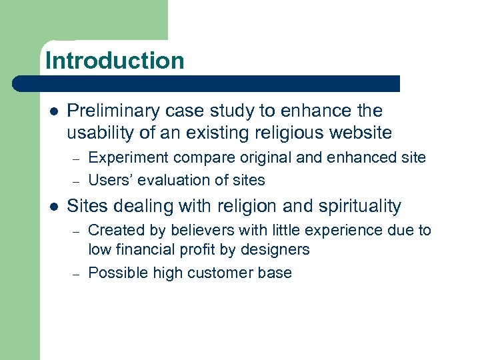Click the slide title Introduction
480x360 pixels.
(x=115, y=61)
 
